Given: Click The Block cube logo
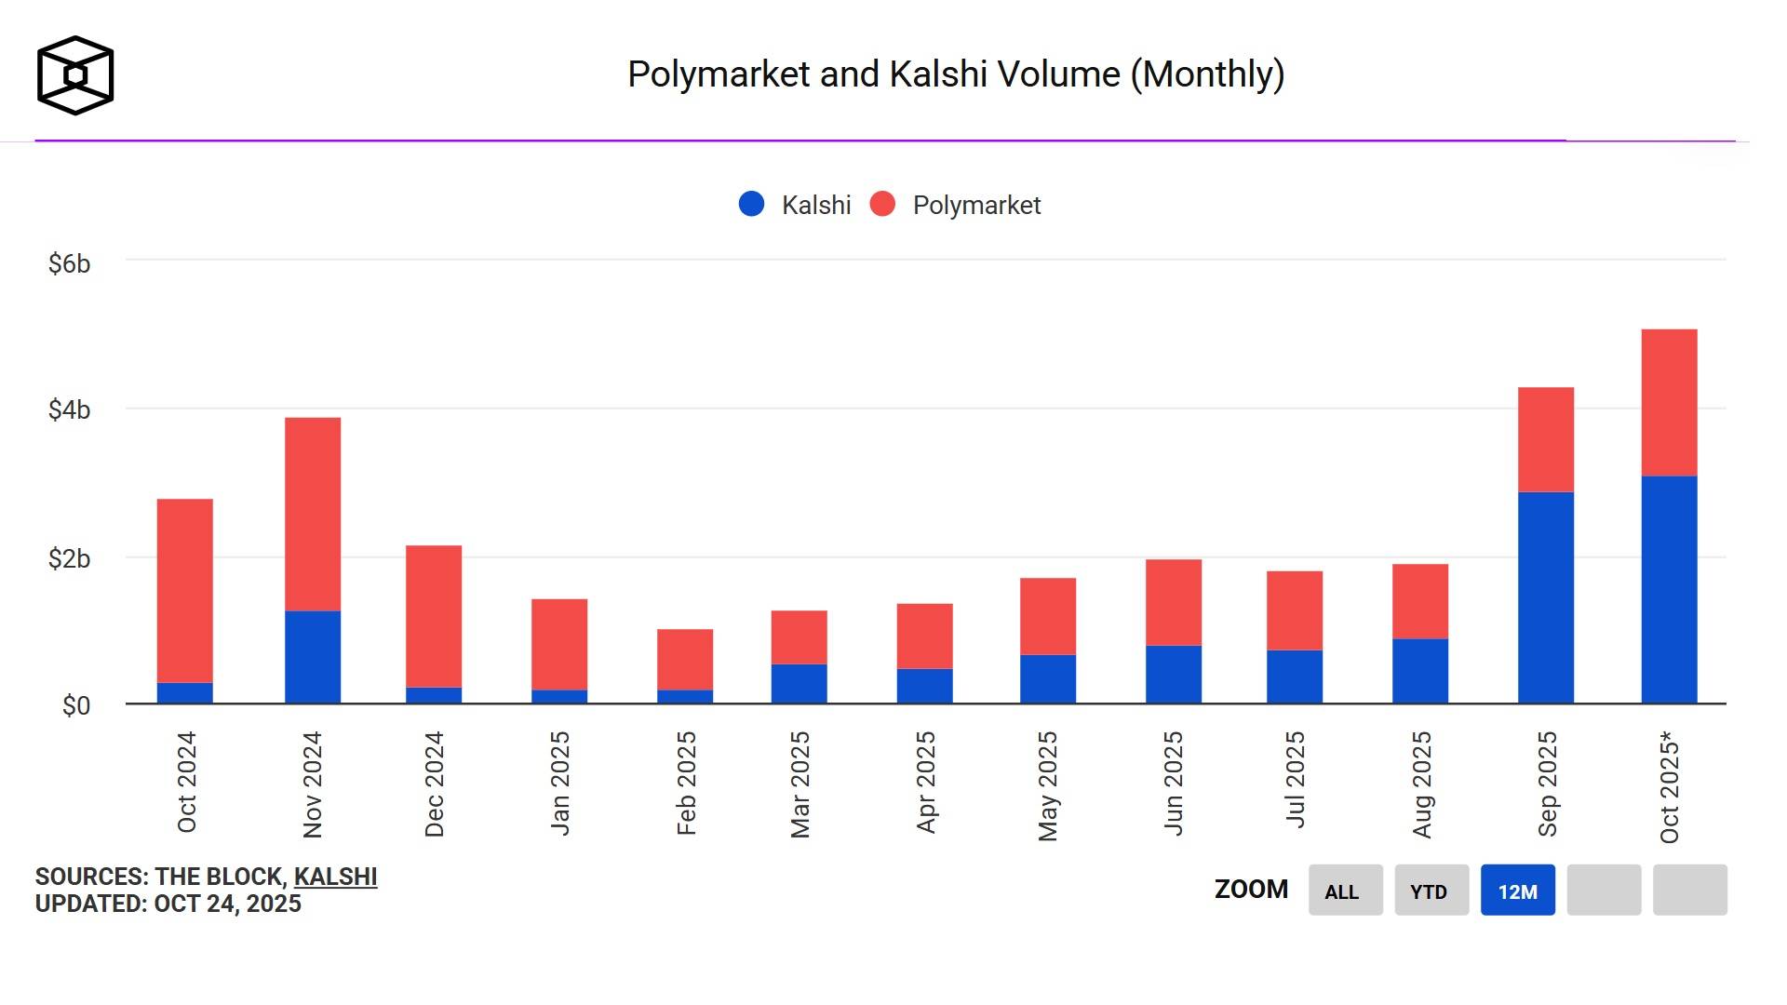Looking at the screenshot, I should (75, 75).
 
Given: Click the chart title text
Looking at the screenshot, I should (956, 74).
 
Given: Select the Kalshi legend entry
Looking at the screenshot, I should (796, 205).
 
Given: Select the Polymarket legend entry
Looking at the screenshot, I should (956, 205).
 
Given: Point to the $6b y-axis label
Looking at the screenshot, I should (69, 264).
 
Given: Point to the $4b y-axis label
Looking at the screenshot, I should (69, 409).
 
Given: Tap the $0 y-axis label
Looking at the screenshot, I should (75, 705).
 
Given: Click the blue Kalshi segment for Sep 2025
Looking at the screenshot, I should (1545, 597).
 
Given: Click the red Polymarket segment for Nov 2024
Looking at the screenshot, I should (313, 514).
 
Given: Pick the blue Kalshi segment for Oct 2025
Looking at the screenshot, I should (1669, 589).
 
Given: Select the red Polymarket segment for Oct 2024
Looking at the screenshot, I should (185, 591).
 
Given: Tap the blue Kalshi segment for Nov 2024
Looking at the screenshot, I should (313, 657).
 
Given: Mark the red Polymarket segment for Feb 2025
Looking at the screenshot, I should (685, 659).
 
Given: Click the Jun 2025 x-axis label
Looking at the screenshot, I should (1174, 783).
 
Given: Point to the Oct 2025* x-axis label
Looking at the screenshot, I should (1670, 787).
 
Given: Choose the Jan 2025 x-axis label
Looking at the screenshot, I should (559, 783).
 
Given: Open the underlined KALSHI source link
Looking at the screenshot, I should (335, 877).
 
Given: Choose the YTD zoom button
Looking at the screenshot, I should (1431, 891).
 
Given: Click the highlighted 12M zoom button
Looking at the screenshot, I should (1517, 891).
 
